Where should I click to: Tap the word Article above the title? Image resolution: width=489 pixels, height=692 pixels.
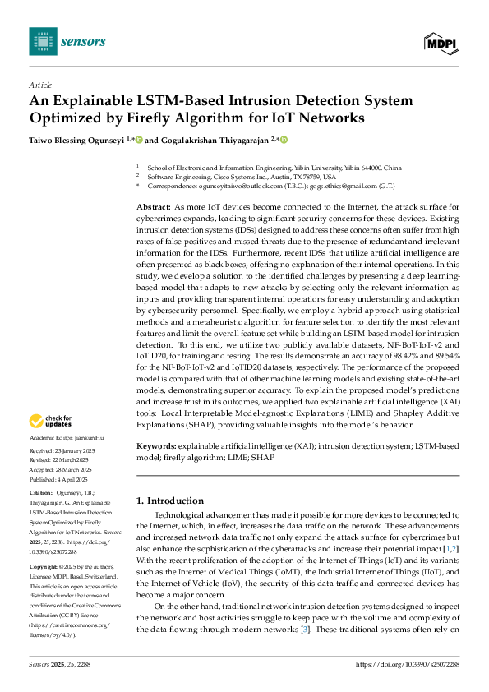coord(39,85)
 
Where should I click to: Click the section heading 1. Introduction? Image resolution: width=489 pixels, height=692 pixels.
coord(169,501)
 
